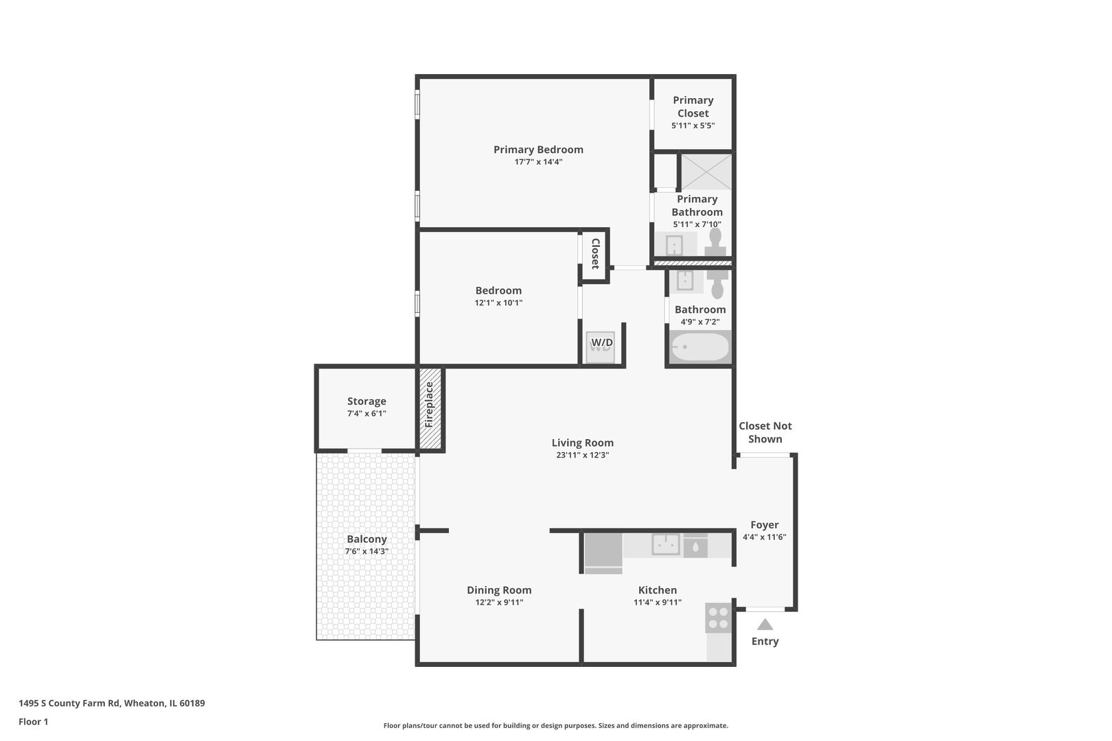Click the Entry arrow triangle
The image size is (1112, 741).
tap(765, 624)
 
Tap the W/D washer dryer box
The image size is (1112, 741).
tap(601, 343)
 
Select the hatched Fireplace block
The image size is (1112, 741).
tap(430, 410)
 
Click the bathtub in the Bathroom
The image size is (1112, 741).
tap(699, 347)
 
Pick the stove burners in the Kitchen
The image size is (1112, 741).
tap(719, 617)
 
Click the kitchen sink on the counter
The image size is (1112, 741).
tap(665, 545)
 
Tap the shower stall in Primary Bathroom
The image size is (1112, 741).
tap(706, 172)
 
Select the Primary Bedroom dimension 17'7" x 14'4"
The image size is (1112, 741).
tap(538, 162)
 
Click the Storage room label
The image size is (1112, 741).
tap(367, 401)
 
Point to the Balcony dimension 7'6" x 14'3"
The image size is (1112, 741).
tap(367, 551)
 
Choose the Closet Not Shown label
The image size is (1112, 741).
tap(765, 432)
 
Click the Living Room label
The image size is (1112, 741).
tap(582, 443)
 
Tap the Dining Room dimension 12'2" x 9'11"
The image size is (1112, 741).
tap(499, 602)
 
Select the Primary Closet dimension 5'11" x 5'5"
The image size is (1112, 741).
tap(693, 126)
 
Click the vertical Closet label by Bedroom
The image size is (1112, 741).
tap(595, 253)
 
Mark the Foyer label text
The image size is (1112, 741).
tap(764, 525)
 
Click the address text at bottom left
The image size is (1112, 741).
tap(111, 703)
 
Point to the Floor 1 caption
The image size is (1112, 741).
tap(33, 721)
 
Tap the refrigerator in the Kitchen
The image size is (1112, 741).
tap(603, 552)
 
